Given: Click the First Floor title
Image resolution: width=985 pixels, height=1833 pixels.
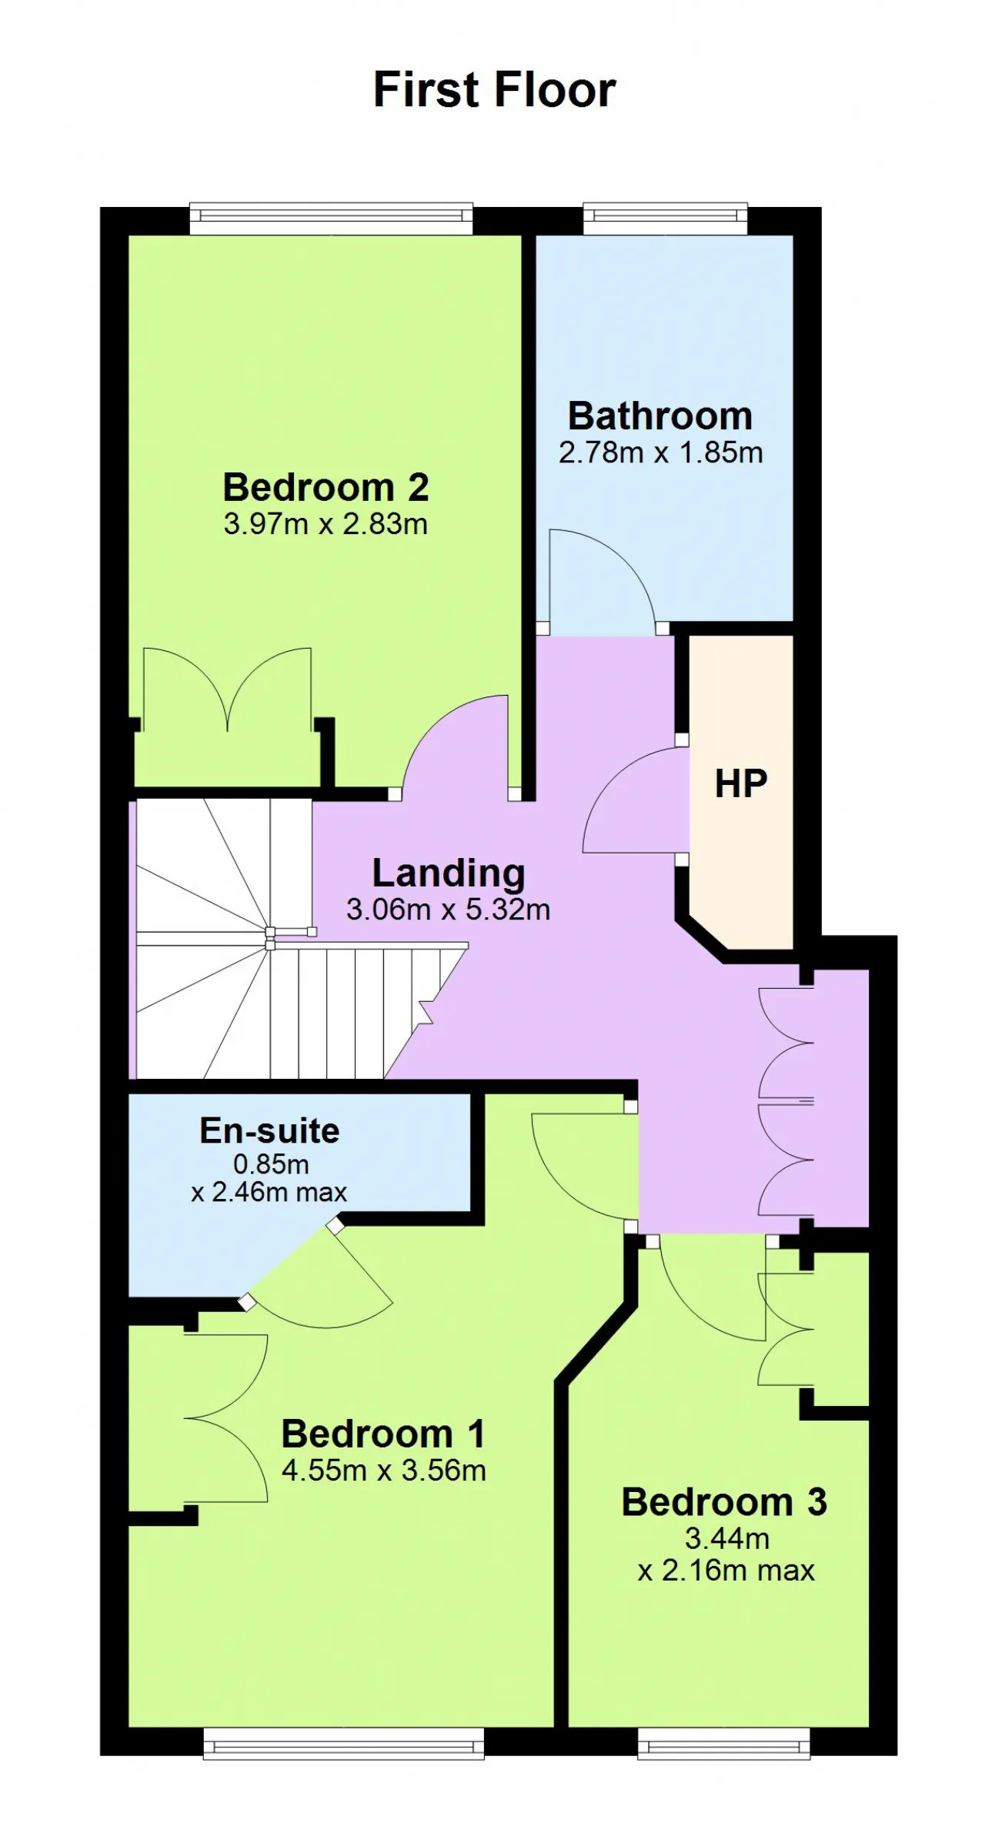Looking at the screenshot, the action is coord(494,89).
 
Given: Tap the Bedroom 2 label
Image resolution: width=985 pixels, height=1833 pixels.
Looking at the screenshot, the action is coord(326,487).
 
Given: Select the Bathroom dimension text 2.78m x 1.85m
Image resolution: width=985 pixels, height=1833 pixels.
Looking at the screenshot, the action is coord(660,452).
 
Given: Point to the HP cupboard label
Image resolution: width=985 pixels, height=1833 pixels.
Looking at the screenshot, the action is coord(741,783).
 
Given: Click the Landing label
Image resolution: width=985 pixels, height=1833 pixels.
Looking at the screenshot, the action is coord(449,873).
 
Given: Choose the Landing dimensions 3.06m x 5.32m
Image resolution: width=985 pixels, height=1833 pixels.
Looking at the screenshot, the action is coord(448,910).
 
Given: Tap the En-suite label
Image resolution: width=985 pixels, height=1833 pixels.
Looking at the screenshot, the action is coord(269,1130).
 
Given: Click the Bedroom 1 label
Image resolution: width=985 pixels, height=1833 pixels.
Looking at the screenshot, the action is coord(383,1434).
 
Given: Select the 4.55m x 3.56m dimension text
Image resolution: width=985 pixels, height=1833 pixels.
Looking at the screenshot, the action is coord(383,1471).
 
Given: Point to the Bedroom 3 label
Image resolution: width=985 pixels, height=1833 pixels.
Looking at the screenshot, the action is coord(724,1501).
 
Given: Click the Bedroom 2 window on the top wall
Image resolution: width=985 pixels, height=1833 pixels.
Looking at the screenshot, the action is coord(331,219).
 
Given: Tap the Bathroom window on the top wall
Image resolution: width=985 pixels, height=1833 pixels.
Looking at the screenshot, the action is coord(665,219).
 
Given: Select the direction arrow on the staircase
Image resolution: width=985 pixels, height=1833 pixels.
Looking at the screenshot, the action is coord(425,1013).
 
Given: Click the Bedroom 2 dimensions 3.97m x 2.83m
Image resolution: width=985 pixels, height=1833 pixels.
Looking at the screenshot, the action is coord(326,524).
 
